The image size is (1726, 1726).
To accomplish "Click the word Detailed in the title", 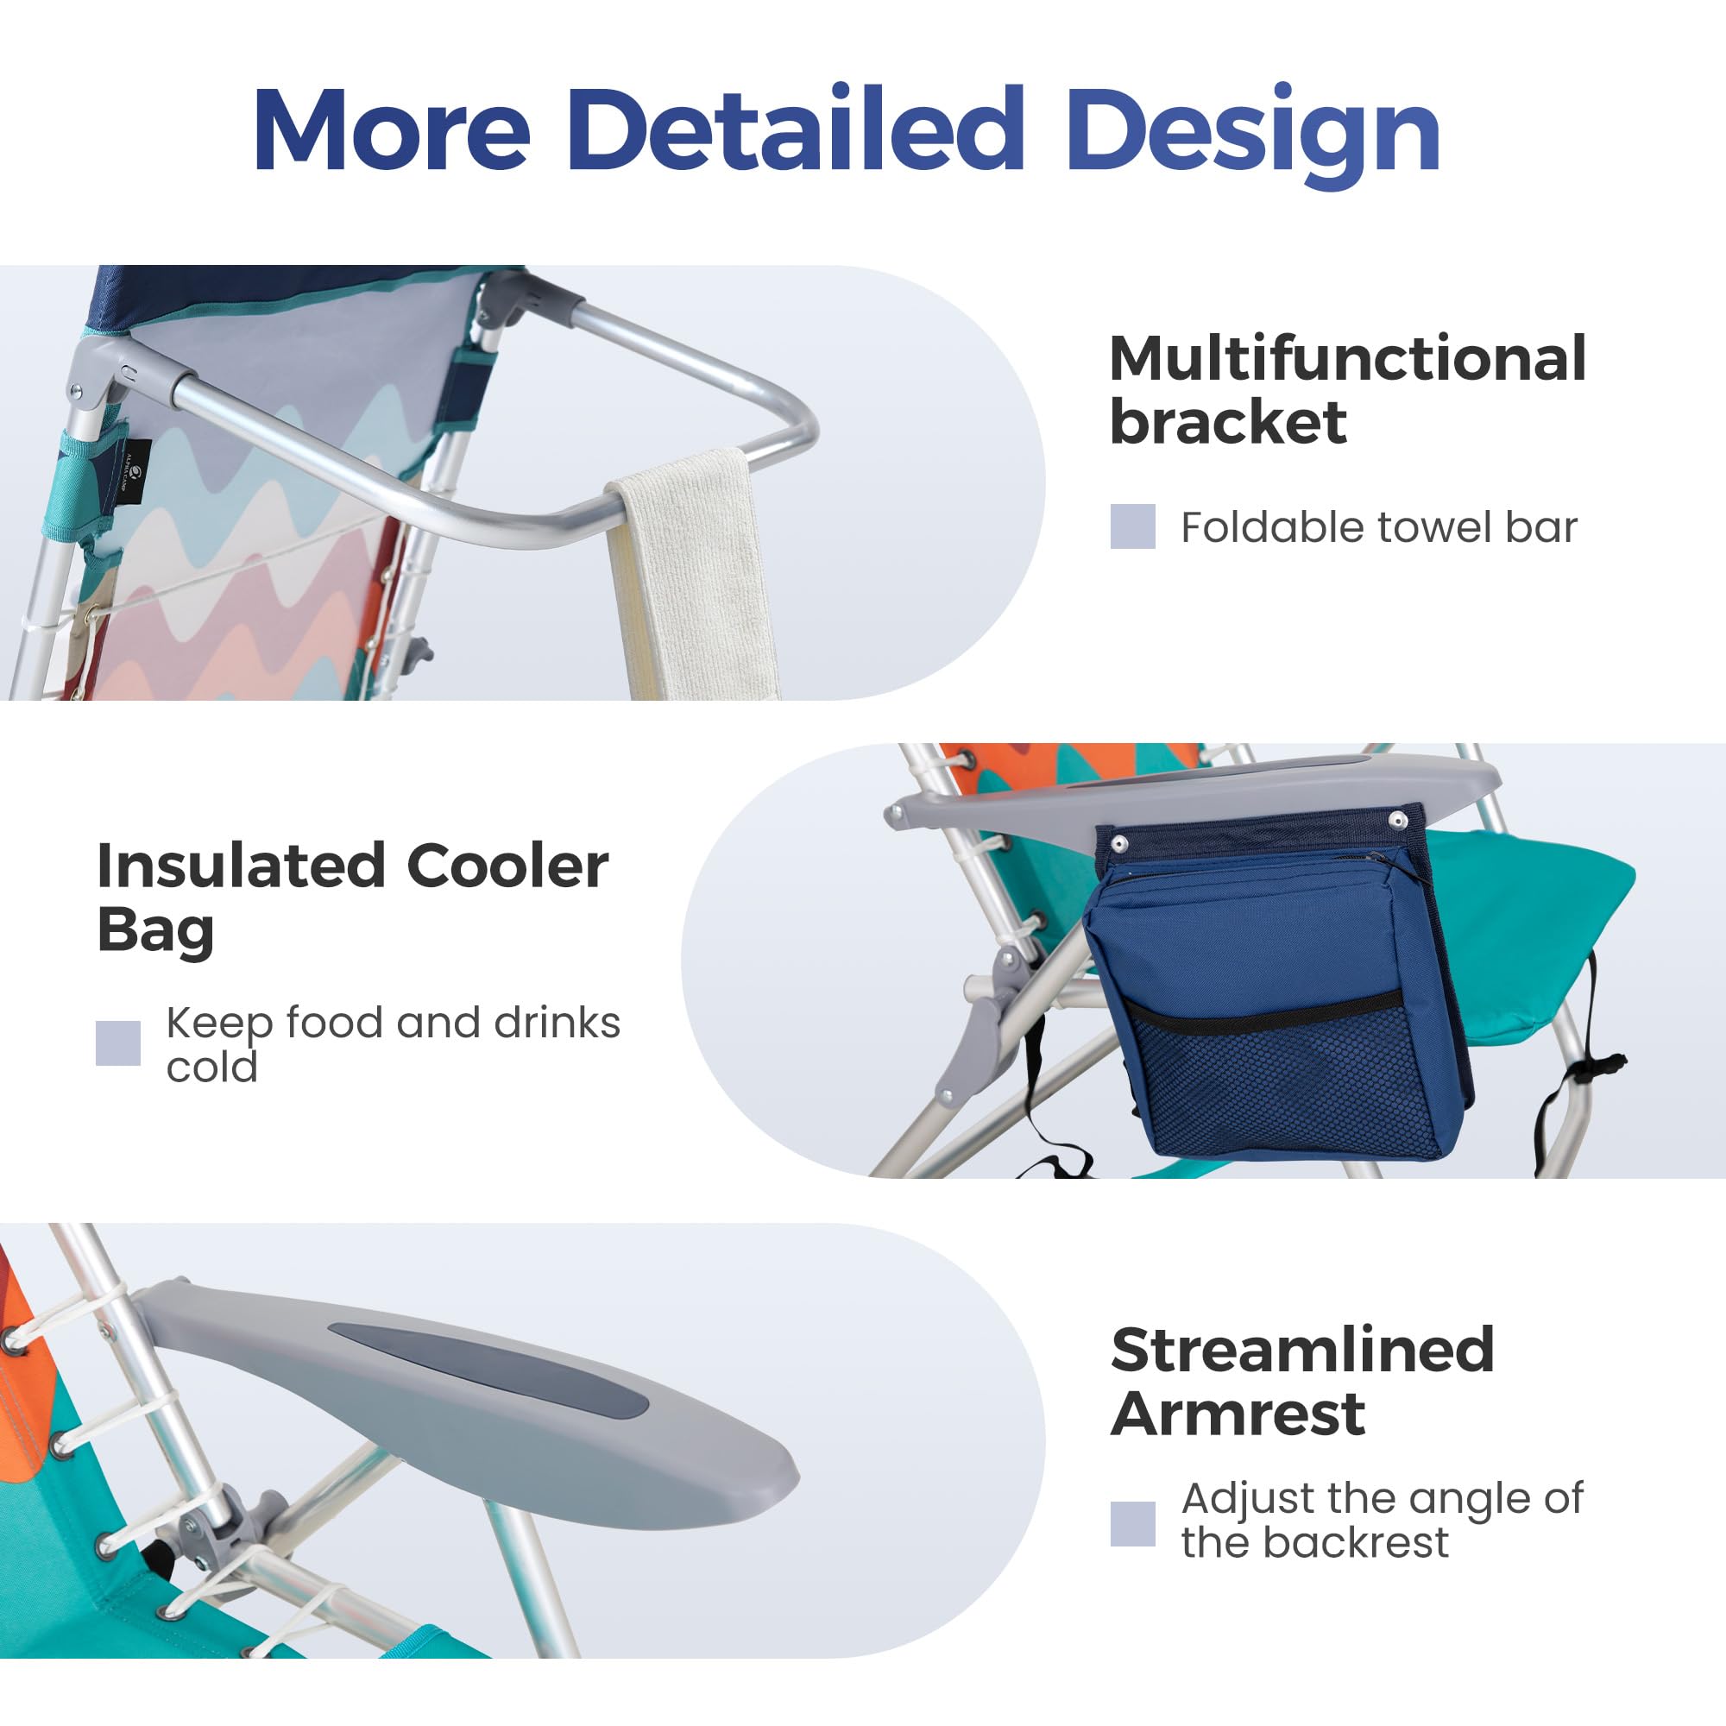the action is [795, 129].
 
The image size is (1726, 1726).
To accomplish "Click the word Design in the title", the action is [1253, 135].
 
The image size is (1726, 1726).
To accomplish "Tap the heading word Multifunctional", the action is [1348, 358].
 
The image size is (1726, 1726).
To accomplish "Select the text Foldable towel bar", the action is [1379, 527].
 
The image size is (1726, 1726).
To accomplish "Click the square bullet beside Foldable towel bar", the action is [1133, 526].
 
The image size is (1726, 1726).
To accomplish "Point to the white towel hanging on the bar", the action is [690, 576].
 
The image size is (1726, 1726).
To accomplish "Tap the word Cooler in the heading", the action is [507, 866].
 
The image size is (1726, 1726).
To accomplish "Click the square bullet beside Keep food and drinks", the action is [118, 1043].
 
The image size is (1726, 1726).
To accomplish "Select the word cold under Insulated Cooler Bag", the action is [211, 1067].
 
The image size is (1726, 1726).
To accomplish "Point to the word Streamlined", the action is [1302, 1350].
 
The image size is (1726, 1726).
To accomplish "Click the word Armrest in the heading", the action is [1238, 1414].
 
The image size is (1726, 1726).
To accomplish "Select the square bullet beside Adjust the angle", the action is [1133, 1523].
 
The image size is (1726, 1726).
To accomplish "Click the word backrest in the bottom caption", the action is [1356, 1542].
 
